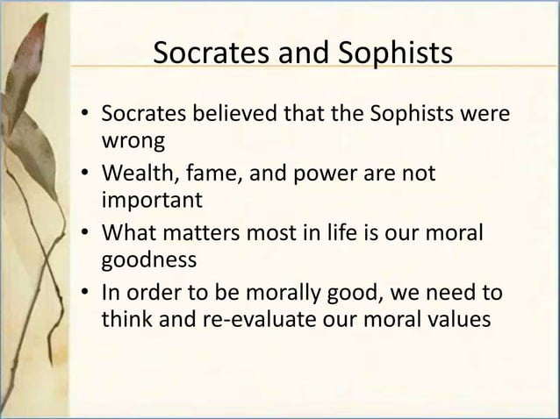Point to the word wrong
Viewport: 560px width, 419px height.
(x=132, y=140)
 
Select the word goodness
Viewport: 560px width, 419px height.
(x=148, y=259)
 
